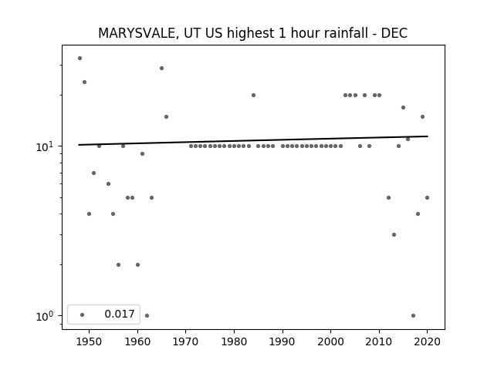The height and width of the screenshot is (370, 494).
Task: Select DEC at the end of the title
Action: coord(394,33)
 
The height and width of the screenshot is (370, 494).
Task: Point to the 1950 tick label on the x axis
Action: coord(90,341)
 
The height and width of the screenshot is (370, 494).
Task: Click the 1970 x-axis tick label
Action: coord(186,341)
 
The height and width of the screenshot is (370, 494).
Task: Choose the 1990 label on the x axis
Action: coord(283,341)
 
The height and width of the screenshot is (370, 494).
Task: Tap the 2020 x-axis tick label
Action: coord(427,341)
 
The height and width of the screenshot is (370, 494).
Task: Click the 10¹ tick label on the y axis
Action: coord(46,146)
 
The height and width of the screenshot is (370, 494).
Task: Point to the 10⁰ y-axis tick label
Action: coord(46,316)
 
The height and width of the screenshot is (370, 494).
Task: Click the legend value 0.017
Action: coord(120,314)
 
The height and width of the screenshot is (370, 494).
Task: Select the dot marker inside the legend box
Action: coord(83,314)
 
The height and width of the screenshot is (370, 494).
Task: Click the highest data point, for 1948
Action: coord(80,59)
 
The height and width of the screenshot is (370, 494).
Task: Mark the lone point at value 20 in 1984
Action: coord(253,95)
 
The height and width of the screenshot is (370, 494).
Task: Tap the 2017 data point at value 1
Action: coord(413,315)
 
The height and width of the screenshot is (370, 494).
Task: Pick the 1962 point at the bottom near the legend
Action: coord(147,315)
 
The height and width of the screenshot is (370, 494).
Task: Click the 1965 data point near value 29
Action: coord(161,69)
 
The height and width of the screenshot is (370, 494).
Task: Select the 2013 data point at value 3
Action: coord(394,234)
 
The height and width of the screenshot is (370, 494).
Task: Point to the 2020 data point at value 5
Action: coord(427,197)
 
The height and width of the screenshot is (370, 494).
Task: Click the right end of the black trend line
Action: coord(428,136)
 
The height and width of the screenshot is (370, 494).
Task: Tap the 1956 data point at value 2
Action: coord(118,264)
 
